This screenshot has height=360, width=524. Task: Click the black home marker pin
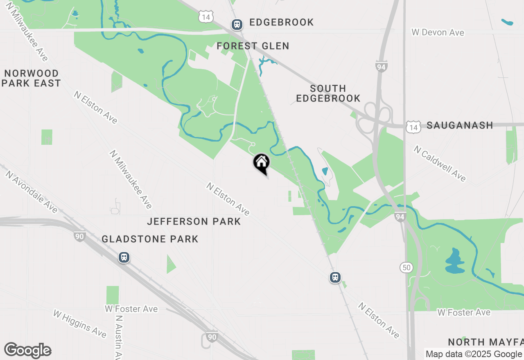coord(261,163)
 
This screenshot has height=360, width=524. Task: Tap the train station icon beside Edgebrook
coord(237,25)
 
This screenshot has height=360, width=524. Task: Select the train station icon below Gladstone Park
coord(124,257)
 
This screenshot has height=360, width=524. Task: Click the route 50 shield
coord(407,268)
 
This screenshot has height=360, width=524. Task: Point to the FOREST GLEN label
coord(253,46)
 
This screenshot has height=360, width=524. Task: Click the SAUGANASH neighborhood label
coord(460,125)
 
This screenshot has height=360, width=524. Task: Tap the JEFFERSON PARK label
coord(194,221)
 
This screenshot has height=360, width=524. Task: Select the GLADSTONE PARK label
coord(150,239)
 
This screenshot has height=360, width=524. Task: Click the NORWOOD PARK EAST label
coord(32,78)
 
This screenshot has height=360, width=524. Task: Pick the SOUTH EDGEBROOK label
coord(328,93)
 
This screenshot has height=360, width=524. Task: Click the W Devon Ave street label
coord(438,32)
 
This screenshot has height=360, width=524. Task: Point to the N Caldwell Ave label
coord(440,163)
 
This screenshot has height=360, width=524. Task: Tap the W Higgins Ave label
coord(80,323)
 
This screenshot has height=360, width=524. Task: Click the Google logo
coord(27,351)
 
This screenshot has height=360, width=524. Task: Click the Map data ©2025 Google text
coord(474,354)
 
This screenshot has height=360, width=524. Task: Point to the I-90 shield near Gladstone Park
coord(80,236)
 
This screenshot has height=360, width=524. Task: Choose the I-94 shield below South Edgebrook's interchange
coord(400,216)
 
